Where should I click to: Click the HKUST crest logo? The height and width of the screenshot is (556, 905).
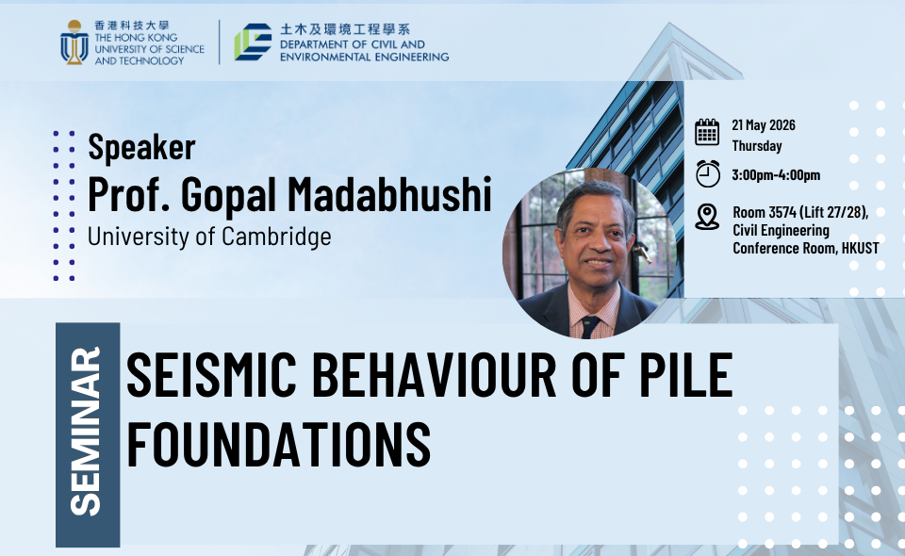[x=74, y=42]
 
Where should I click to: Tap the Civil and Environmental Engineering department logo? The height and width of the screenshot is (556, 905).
[x=253, y=42]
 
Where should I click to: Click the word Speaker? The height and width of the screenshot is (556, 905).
[x=141, y=146]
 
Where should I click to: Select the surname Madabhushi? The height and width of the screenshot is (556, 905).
[x=389, y=194]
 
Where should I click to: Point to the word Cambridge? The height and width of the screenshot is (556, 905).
[x=276, y=237]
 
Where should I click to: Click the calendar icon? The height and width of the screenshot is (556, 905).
[x=707, y=132]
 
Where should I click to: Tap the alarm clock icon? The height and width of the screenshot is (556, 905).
[x=708, y=173]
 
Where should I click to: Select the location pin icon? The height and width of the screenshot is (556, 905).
[x=707, y=217]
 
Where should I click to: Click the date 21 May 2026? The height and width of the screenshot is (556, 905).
[x=764, y=125]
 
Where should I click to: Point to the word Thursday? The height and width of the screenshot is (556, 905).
[x=757, y=146]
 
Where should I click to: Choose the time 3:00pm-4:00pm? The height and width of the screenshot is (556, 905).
[x=776, y=174]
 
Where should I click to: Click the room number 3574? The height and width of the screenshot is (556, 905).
[x=782, y=212]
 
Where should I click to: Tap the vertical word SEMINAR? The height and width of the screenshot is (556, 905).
[x=86, y=432]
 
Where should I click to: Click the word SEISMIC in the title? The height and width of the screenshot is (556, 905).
[x=211, y=375]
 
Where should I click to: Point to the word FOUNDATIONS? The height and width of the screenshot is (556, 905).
[x=279, y=444]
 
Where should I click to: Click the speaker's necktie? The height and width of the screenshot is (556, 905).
[x=589, y=326]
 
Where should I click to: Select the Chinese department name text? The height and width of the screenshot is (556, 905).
[x=345, y=29]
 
